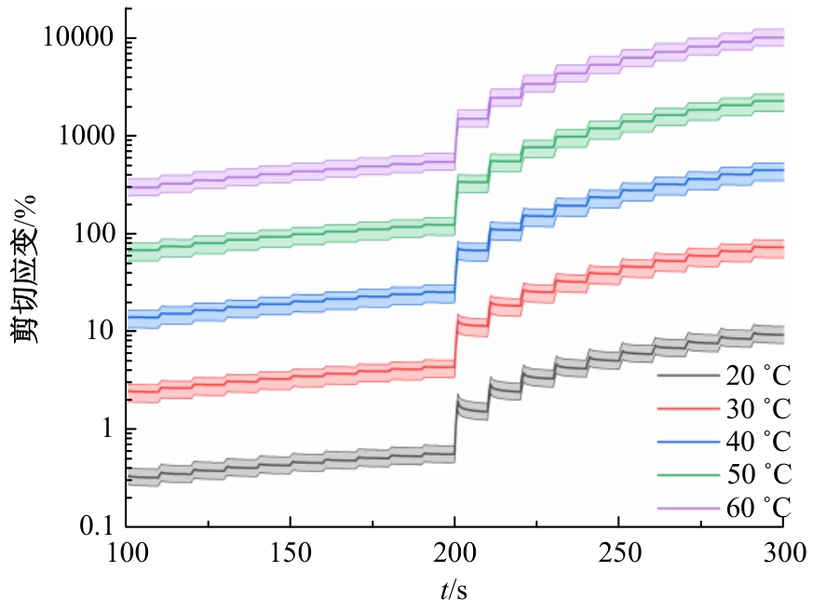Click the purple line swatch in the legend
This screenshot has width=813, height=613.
tap(687, 507)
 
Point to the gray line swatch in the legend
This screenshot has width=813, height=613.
tap(687, 376)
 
